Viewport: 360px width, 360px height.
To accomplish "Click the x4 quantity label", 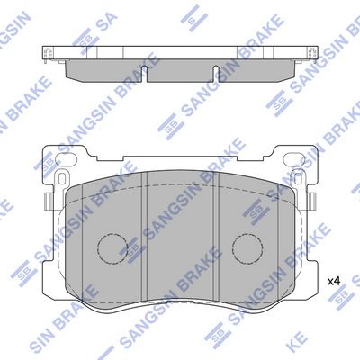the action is click(333, 282).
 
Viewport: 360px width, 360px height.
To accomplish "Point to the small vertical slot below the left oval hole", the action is click(62, 178).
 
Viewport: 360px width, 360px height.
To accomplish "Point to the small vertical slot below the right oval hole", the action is click(298, 178).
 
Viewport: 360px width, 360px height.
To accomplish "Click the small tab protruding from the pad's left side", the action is click(47, 202).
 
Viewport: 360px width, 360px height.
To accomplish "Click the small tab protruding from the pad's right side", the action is click(313, 202).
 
